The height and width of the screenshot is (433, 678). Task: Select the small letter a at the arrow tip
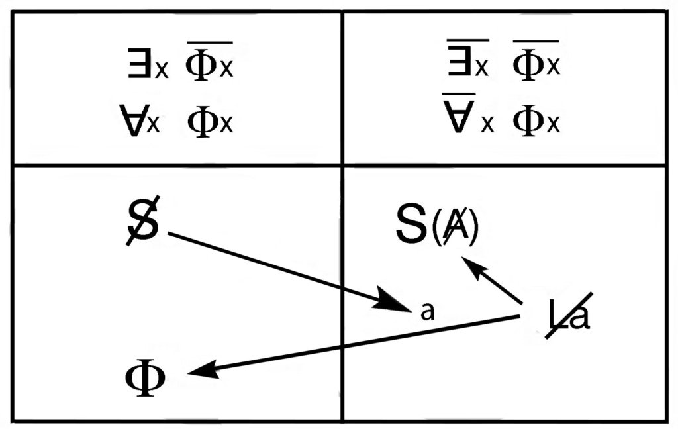pyautogui.click(x=427, y=311)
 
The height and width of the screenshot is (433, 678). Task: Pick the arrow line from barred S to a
pyautogui.click(x=278, y=267)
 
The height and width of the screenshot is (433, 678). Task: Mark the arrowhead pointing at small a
pyautogui.click(x=393, y=303)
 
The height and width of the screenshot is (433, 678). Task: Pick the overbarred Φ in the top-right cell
pyautogui.click(x=528, y=65)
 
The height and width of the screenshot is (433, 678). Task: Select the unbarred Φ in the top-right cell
pyautogui.click(x=528, y=121)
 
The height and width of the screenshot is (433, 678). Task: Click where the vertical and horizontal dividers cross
pyautogui.click(x=342, y=165)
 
